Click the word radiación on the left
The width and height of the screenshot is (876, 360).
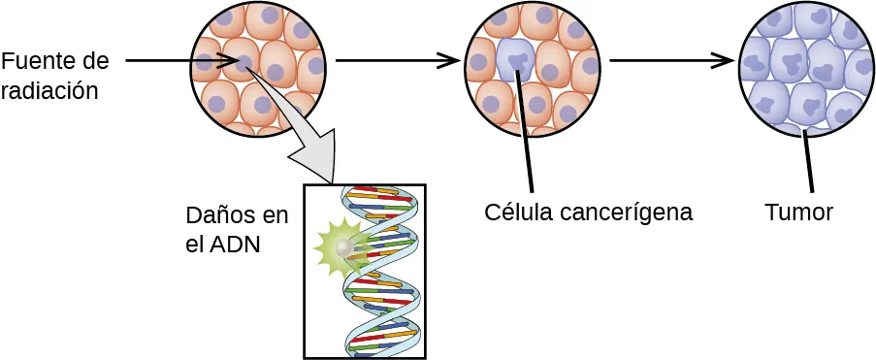(x=49, y=92)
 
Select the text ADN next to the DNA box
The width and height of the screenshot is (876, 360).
(x=238, y=245)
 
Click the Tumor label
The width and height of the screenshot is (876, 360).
(x=798, y=212)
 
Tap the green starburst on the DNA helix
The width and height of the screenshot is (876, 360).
(x=340, y=248)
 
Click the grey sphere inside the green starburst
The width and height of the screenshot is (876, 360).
(x=341, y=249)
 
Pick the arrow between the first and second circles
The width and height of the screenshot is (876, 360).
(x=397, y=61)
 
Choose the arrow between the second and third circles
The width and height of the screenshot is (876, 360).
(x=670, y=61)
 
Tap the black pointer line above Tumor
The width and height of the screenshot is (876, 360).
(x=806, y=160)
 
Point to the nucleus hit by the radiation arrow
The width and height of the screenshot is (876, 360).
(x=247, y=64)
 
